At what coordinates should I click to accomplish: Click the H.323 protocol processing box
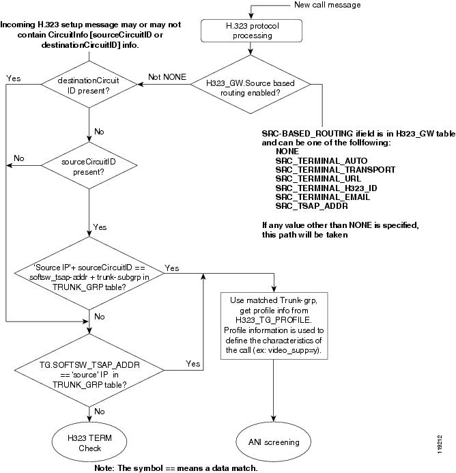[x=252, y=30]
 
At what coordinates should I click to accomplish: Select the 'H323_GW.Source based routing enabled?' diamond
[x=252, y=85]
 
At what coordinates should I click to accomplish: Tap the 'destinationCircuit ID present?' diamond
[x=89, y=85]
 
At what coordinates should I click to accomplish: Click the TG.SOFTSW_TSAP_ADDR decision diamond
[x=89, y=375]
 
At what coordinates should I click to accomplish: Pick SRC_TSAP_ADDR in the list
[x=312, y=205]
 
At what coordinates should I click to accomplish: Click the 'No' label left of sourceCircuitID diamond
[x=19, y=158]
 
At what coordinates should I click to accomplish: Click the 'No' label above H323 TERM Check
[x=99, y=412]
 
